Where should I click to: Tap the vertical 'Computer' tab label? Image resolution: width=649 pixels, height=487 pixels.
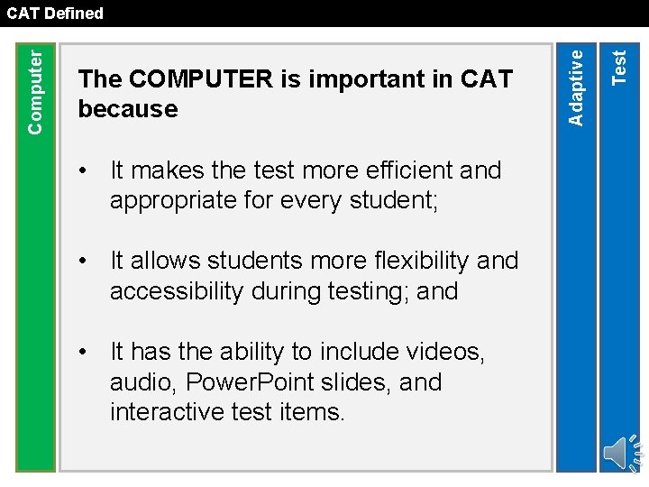coord(35,90)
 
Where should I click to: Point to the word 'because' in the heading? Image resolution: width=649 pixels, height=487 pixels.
coord(128,109)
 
